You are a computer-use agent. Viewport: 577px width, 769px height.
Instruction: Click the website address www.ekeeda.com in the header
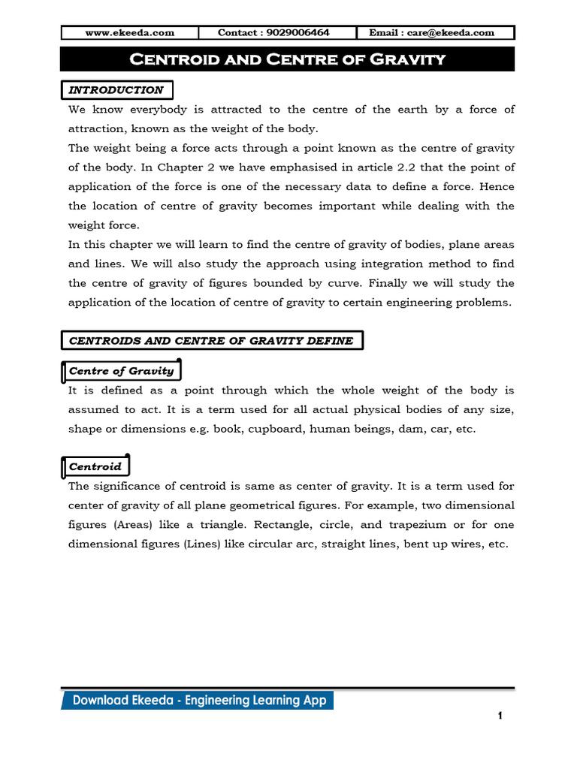click(129, 32)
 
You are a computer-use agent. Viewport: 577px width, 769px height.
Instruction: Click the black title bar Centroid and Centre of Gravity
click(288, 59)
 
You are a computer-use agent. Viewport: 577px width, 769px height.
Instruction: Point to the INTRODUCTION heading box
click(116, 90)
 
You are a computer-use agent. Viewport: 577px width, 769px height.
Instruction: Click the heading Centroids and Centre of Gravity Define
click(211, 341)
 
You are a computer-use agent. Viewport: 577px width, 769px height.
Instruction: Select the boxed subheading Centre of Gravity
click(121, 371)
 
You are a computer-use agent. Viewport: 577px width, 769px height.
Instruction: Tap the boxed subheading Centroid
click(95, 466)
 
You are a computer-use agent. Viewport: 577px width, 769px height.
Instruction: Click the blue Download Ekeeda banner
click(198, 701)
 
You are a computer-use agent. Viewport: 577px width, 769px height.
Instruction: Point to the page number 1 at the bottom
click(500, 716)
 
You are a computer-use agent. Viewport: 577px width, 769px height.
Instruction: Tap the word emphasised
click(264, 167)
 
